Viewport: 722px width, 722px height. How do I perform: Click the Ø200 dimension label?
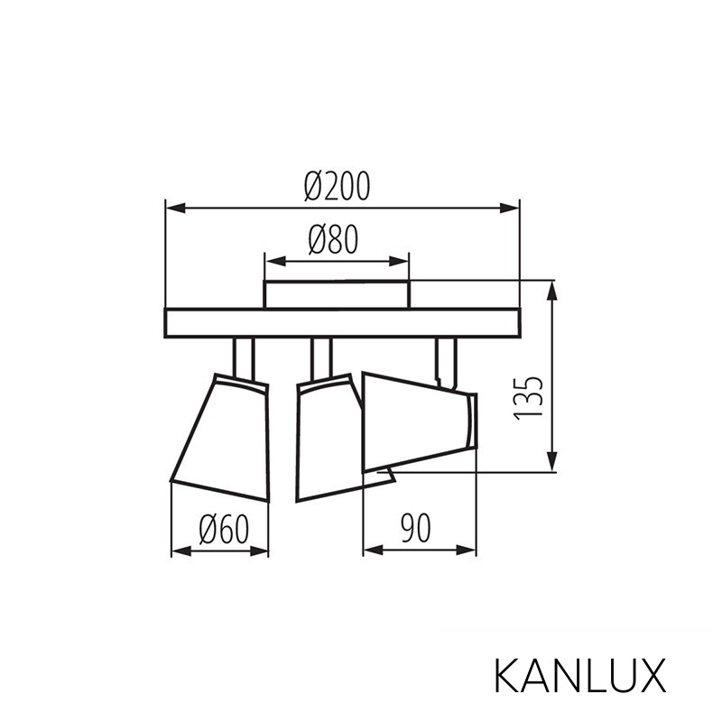point(337,187)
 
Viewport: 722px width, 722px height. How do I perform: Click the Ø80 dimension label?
point(333,240)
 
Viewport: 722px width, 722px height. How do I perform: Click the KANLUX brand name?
point(580,675)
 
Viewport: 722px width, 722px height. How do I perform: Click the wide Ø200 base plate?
point(343,323)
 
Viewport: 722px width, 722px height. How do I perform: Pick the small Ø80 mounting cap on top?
point(336,294)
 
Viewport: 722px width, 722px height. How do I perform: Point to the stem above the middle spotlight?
point(320,357)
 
